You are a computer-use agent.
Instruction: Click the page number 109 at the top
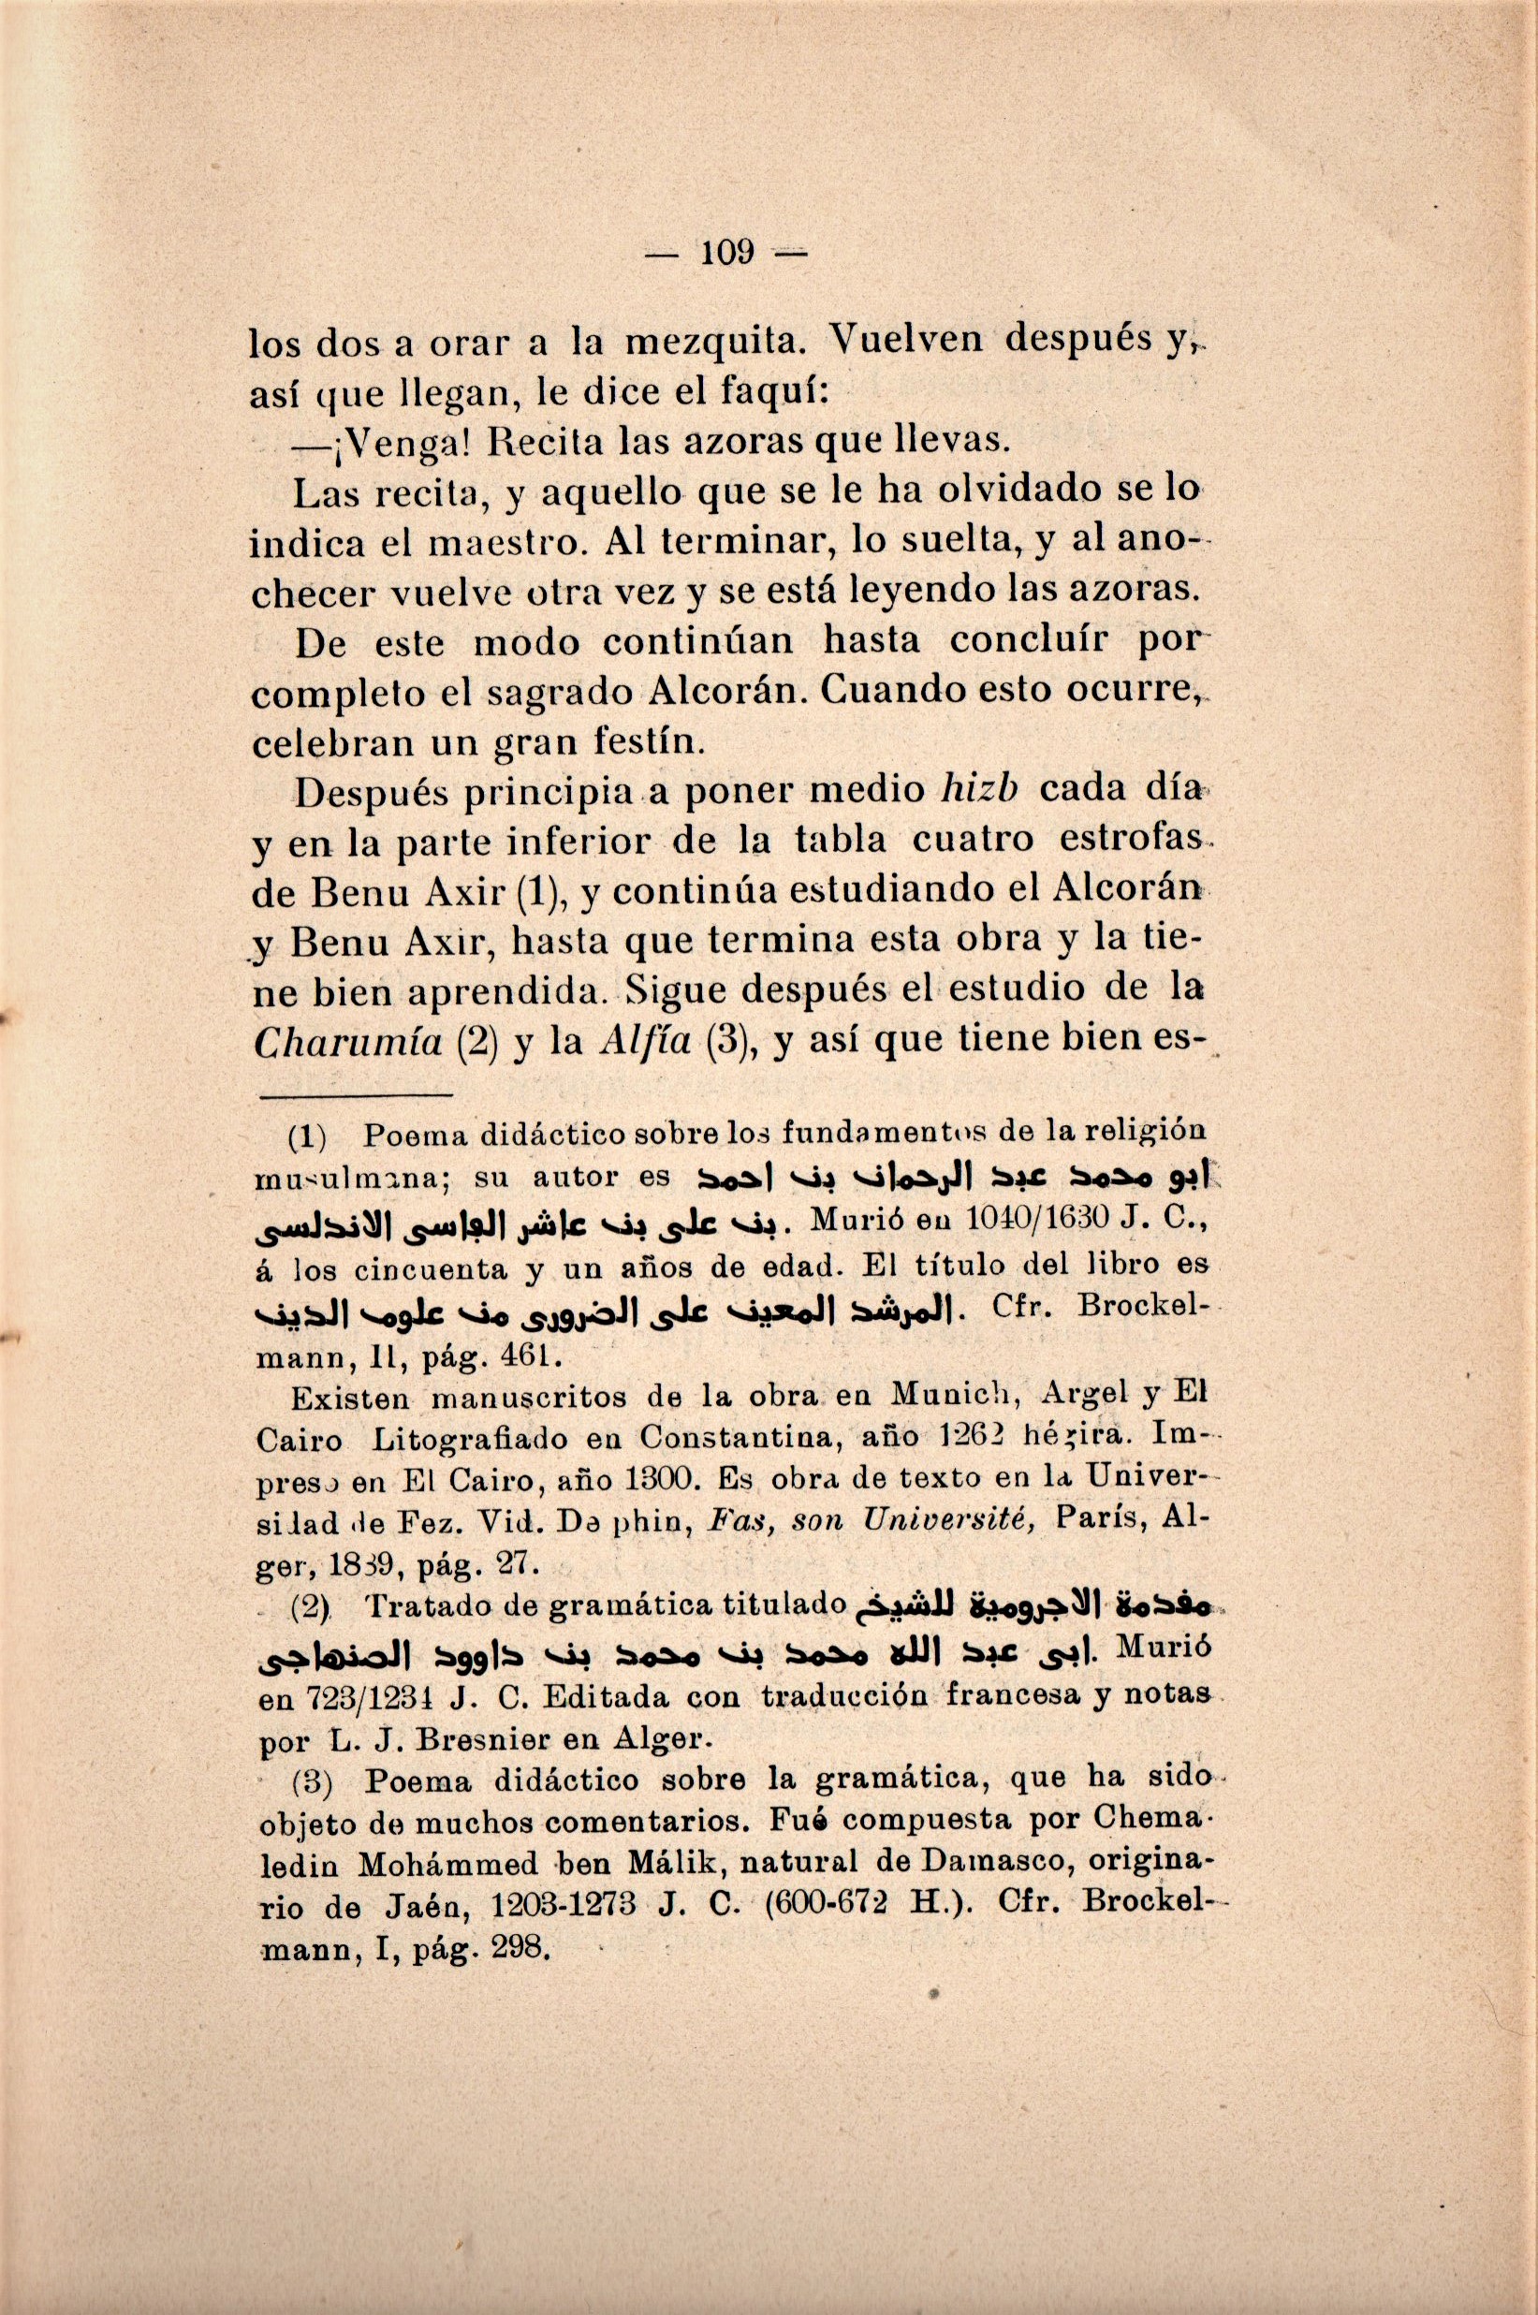pos(725,254)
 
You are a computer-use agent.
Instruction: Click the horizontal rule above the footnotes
pos(357,1094)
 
